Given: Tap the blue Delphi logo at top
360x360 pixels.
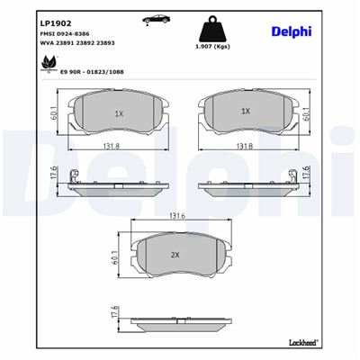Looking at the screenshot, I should (292, 32).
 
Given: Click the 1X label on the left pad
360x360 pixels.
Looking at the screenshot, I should (117, 112).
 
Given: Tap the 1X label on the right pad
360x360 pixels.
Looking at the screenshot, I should (245, 111).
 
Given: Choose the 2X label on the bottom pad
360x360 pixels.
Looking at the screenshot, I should (175, 255).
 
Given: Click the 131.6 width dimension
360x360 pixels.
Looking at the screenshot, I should (176, 217).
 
